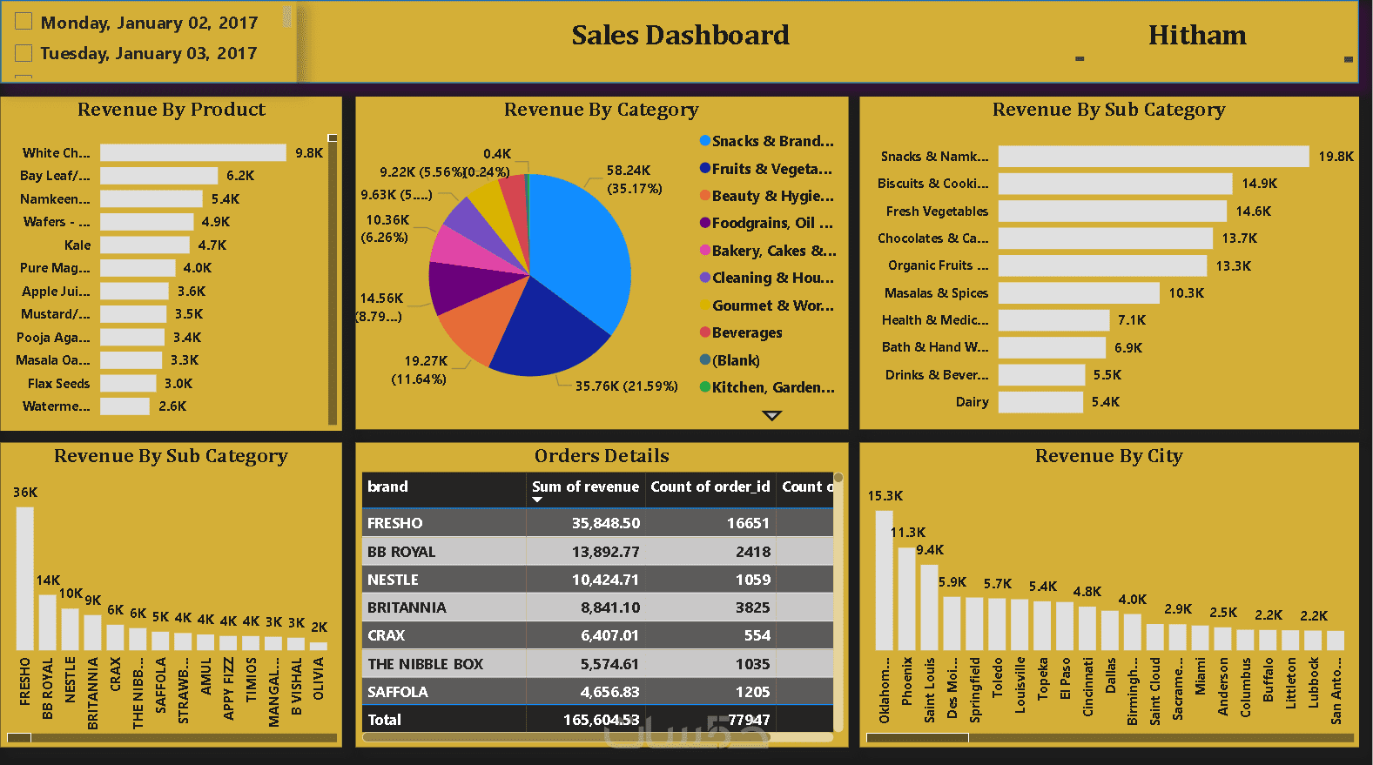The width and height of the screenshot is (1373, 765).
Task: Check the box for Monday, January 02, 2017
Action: coord(24,22)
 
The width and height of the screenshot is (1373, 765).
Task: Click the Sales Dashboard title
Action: coord(680,36)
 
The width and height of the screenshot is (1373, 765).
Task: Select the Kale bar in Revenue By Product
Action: coord(145,245)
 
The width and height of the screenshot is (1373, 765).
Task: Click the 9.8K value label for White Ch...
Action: coord(308,153)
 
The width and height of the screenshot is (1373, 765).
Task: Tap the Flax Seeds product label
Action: coord(58,384)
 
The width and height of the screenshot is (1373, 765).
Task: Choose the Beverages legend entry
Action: coord(746,333)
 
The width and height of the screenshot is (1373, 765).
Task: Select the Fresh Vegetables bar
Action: coord(1112,211)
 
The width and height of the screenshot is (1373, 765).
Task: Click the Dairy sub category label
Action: coord(972,402)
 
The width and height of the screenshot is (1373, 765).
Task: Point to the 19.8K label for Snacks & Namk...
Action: coord(1336,157)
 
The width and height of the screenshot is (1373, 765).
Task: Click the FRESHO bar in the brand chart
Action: coord(25,578)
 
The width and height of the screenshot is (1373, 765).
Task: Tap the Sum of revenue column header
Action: coord(585,487)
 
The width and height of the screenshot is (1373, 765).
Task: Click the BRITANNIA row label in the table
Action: coord(407,607)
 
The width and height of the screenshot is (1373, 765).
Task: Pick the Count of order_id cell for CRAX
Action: coord(757,635)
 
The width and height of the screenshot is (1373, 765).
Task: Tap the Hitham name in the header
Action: coord(1197,36)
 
